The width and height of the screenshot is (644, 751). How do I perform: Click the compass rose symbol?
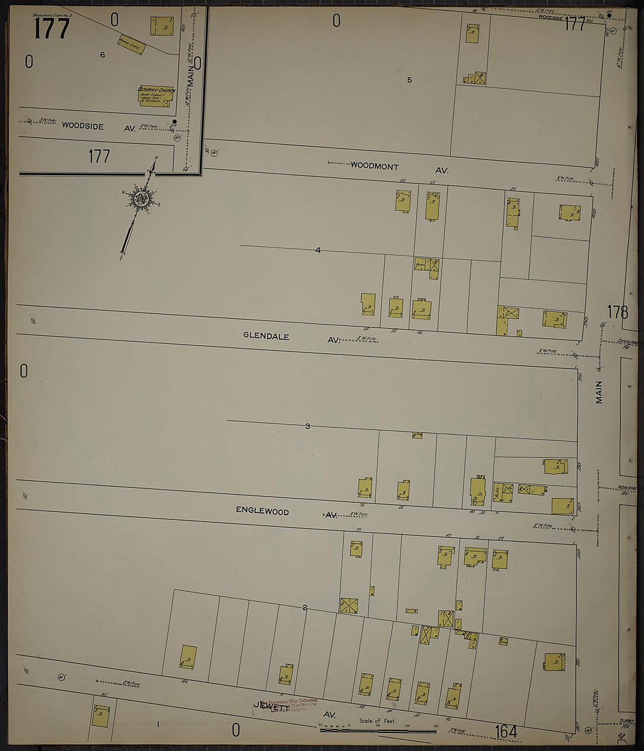[x=141, y=198]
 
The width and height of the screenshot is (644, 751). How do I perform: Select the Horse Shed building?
[x=131, y=44]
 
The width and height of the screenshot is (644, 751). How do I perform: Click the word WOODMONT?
[x=375, y=166]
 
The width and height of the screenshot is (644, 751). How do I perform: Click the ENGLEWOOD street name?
[x=262, y=511]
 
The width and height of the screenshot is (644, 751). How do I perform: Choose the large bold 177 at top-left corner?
[x=51, y=29]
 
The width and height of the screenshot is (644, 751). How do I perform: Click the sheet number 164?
[x=505, y=732]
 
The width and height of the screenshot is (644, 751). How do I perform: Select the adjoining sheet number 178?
[x=617, y=312]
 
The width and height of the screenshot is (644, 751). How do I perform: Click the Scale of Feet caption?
[x=378, y=721]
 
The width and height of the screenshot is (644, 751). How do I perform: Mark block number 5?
[x=409, y=80]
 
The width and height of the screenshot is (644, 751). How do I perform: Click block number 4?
[x=318, y=250]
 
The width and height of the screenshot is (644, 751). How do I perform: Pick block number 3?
[x=307, y=426]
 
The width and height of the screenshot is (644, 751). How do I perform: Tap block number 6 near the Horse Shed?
[x=102, y=55]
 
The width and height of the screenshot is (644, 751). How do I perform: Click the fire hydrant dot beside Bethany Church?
[x=174, y=122]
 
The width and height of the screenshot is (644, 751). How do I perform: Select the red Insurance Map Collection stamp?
[x=293, y=704]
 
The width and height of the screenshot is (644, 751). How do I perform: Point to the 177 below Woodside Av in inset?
[x=99, y=156]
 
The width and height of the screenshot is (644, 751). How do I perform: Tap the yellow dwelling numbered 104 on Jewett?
[x=188, y=657]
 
